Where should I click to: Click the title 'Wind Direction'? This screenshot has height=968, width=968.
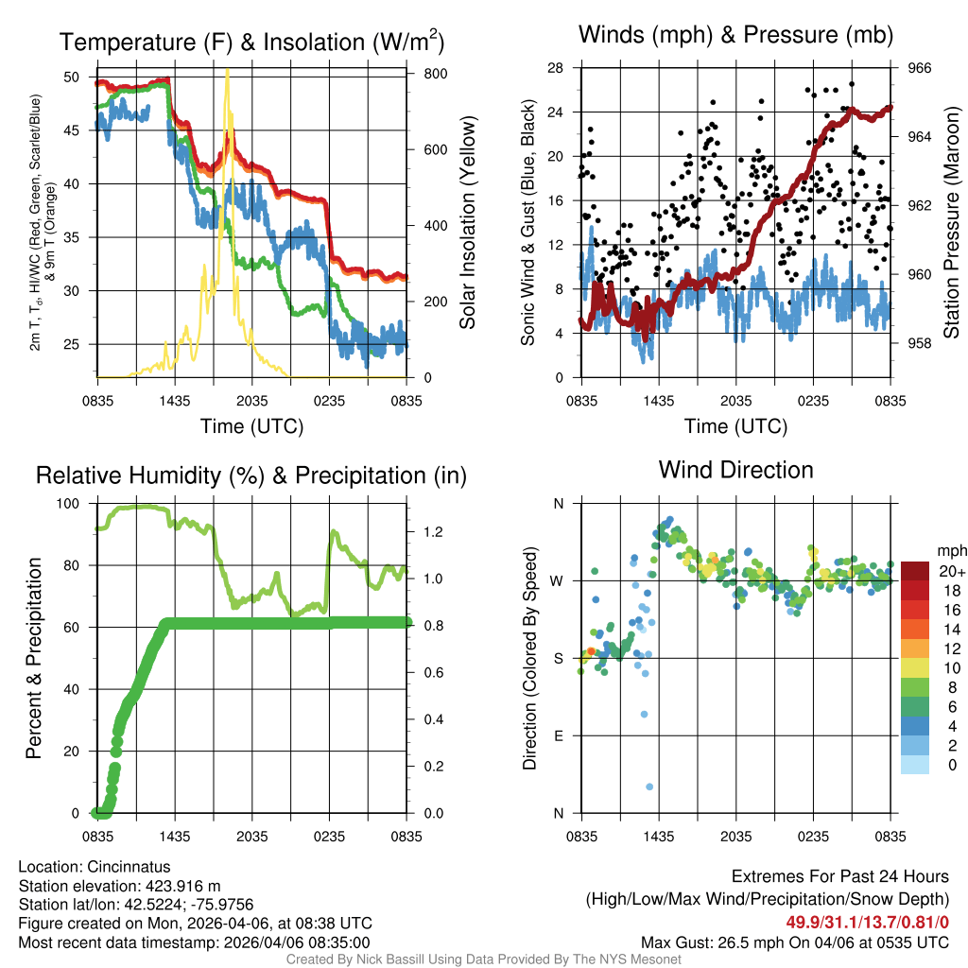click(735, 470)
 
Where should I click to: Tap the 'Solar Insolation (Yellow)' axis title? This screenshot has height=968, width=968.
click(467, 223)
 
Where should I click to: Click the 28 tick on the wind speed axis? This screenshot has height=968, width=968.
click(556, 68)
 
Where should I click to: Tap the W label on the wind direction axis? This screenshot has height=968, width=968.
click(559, 580)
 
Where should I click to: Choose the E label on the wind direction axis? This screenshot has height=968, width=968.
click(560, 735)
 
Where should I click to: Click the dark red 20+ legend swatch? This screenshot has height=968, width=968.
click(914, 571)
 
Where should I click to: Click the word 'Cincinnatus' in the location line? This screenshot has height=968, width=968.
click(129, 866)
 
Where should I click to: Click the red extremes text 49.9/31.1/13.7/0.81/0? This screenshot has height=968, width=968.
click(867, 922)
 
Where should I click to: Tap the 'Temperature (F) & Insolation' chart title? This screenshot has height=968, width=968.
click(251, 43)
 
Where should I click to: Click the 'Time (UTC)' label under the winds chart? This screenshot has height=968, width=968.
click(735, 426)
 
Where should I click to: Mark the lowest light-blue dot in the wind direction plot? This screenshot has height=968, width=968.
click(649, 786)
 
